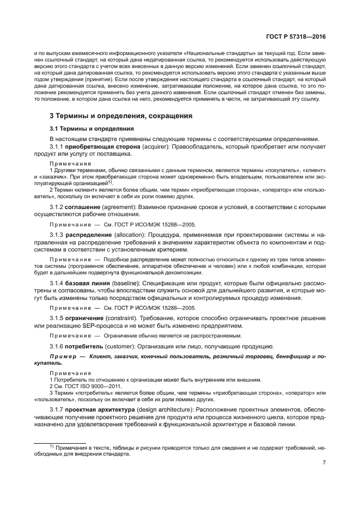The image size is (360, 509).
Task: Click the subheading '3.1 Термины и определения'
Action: pos(91,129)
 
